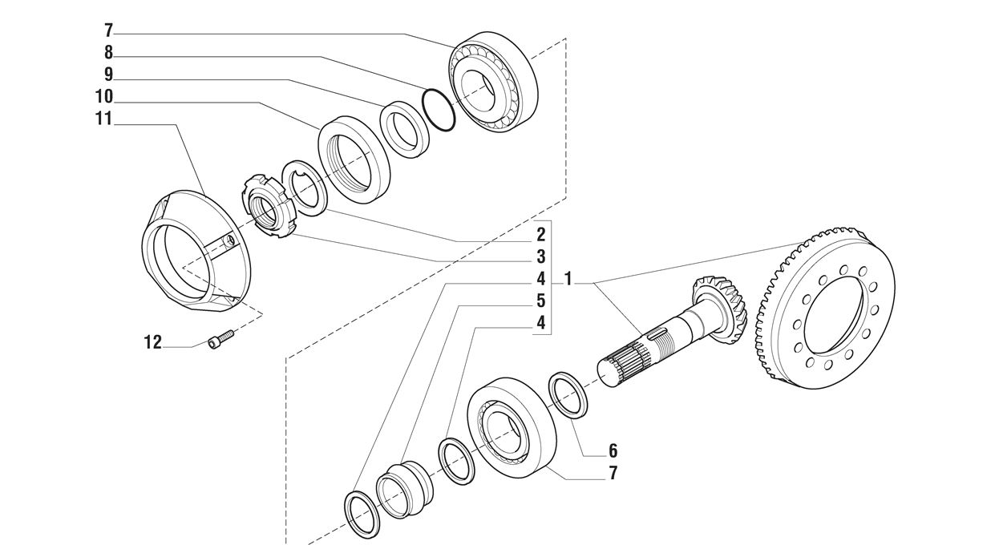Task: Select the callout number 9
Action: [108, 75]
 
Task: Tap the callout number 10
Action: [104, 97]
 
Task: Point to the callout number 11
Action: [104, 119]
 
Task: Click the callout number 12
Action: [152, 342]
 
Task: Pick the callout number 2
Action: [541, 235]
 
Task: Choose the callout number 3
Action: [541, 256]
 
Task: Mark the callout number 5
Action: [541, 301]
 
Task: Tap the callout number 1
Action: [568, 279]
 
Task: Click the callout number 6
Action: [613, 450]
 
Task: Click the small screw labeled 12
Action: [220, 340]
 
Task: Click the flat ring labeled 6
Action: [568, 394]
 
